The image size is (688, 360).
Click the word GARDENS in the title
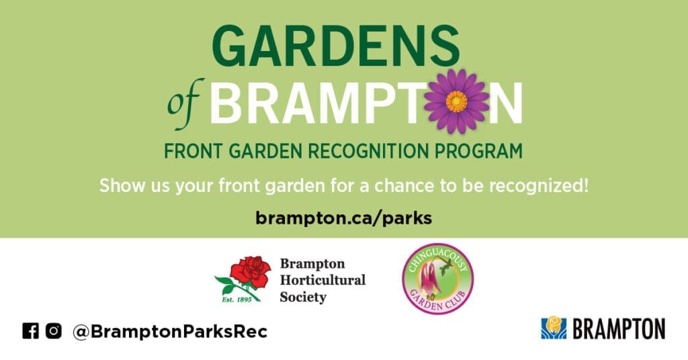click(336, 46)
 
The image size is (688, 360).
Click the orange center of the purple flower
click(456, 101)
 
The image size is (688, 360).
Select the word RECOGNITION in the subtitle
click(368, 151)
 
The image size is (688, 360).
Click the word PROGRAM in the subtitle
click(478, 151)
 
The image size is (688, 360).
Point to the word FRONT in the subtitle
click(193, 151)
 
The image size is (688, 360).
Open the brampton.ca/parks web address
click(343, 218)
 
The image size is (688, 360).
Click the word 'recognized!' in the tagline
click(538, 185)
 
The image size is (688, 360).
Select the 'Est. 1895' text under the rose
click(236, 300)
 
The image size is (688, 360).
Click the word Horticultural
click(322, 280)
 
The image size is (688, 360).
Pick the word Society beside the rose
click(303, 298)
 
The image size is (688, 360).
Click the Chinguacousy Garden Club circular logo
click(437, 279)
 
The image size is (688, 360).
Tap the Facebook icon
click(31, 330)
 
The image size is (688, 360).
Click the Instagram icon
click(54, 330)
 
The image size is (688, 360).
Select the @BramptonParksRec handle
click(170, 332)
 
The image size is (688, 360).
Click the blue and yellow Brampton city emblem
click(554, 328)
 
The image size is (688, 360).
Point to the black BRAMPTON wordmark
click(619, 329)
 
